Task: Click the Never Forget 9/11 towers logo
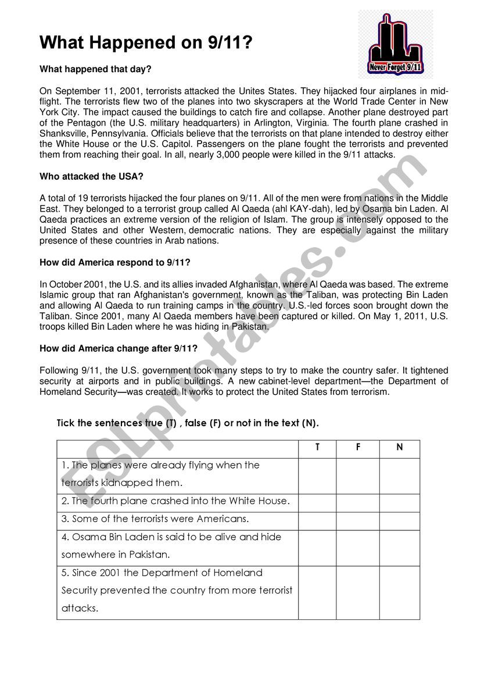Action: [x=395, y=44]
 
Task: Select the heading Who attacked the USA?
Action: [x=92, y=176]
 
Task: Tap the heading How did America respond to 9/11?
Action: [x=115, y=262]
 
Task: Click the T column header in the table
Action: [x=317, y=448]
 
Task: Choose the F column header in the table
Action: [x=358, y=448]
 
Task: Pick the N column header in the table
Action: [x=399, y=448]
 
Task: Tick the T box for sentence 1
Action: [x=317, y=476]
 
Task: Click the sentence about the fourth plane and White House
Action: [x=175, y=501]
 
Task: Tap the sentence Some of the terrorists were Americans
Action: [x=155, y=519]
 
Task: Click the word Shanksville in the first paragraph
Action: [x=62, y=134]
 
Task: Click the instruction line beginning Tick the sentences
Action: [x=188, y=423]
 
